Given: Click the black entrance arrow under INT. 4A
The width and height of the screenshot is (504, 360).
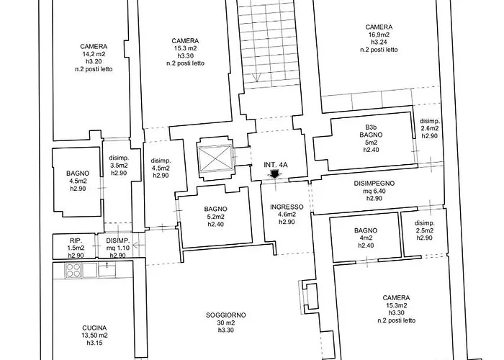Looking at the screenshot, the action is click(x=274, y=174).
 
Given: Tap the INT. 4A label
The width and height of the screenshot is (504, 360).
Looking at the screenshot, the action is click(x=276, y=165).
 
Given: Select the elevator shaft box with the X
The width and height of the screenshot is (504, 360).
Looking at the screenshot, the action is click(x=215, y=159).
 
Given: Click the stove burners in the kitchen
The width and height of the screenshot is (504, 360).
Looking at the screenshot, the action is click(x=73, y=270).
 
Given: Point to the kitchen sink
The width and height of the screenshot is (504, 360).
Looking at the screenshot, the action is click(x=107, y=269).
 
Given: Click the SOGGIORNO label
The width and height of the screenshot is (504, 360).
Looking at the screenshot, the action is click(x=226, y=315).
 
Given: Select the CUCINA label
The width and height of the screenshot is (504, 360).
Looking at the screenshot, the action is click(x=94, y=328).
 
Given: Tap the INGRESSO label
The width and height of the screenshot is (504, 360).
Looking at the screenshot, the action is click(x=287, y=207).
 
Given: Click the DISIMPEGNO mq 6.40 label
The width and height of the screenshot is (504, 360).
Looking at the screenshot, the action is click(x=374, y=191).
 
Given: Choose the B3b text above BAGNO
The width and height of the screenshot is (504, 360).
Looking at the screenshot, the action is click(x=371, y=127).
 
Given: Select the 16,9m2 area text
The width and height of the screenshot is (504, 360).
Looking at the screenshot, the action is click(x=379, y=35).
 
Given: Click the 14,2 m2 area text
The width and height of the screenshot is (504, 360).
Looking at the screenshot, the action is click(x=94, y=54).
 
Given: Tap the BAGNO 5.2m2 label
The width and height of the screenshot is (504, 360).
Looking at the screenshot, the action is click(x=216, y=217).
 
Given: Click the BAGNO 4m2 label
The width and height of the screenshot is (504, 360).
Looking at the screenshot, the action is click(x=366, y=238).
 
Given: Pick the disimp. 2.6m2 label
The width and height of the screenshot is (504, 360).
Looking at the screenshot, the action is click(x=429, y=128).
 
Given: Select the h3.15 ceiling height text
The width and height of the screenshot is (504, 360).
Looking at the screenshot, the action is click(x=94, y=343).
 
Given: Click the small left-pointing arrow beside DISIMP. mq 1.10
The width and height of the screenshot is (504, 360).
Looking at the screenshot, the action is click(x=137, y=246).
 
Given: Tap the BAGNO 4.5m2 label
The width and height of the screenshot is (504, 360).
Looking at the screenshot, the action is click(x=78, y=181).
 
